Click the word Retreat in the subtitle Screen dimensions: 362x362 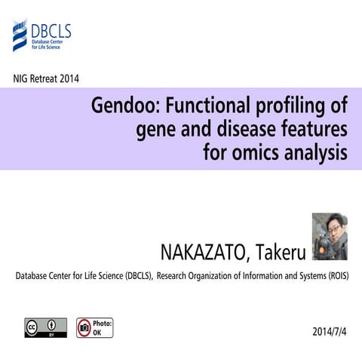point(44,78)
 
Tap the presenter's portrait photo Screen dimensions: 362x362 point(329,237)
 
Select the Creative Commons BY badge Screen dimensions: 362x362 point(41,327)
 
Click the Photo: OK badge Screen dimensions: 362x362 point(94,327)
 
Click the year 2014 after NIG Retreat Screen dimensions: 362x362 point(69,78)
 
